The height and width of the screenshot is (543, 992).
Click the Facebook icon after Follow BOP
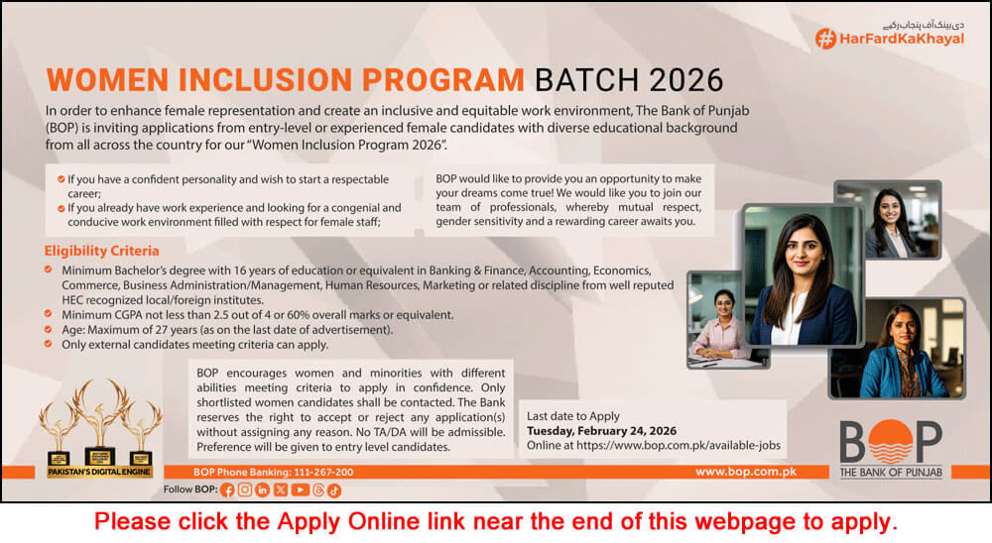coord(228,489)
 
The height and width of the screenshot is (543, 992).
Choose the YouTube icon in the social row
coord(300,489)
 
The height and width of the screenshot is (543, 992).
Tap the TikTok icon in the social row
coord(334,489)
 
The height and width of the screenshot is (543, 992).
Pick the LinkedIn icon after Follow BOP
coord(263,489)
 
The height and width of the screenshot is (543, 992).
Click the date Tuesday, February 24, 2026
coord(601,431)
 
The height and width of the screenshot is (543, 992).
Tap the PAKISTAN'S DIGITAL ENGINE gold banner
coord(99,473)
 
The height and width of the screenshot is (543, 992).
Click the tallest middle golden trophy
coord(100,421)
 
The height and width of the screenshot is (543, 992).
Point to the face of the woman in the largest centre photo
coord(802,248)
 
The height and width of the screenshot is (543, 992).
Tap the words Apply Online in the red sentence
coord(358,521)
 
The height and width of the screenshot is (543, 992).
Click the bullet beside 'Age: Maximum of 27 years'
coord(51,329)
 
